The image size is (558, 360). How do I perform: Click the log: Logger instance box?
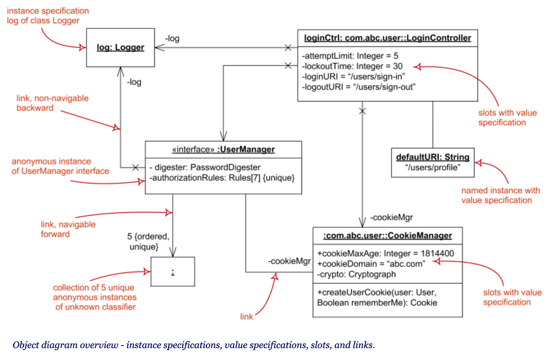120,47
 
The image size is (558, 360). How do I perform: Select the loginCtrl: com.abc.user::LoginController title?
387,38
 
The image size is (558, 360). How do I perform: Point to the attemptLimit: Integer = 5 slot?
350,56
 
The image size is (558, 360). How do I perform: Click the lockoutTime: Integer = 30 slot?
352,67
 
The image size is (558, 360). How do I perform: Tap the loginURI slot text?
354,76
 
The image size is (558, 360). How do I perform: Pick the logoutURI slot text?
359,87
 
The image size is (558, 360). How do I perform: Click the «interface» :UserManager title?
223,149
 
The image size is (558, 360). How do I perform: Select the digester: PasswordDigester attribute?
205,167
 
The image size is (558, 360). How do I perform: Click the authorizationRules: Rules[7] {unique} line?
222,178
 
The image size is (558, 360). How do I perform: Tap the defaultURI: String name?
432,157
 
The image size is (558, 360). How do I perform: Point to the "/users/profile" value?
432,168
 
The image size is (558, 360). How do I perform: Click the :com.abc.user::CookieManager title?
387,236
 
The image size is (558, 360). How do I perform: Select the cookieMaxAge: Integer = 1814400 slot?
385,254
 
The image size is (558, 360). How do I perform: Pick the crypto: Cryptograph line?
356,274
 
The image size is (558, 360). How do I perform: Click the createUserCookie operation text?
377,297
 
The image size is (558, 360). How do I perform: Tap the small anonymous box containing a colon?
173,272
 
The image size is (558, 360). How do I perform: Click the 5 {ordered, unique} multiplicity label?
147,241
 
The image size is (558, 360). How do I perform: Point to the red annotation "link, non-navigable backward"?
52,103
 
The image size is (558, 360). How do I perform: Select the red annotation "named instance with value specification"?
500,196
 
